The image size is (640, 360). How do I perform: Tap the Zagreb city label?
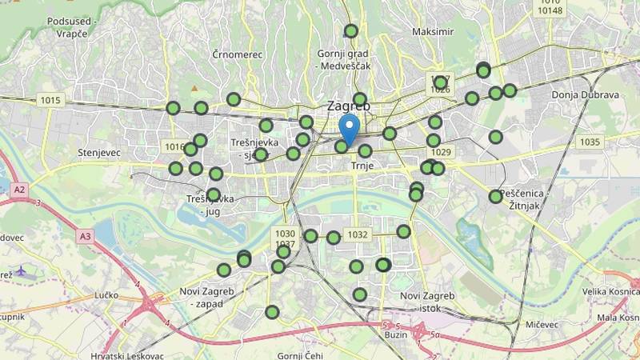click(x=349, y=106)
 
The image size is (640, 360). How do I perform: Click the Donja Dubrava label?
click(x=586, y=94)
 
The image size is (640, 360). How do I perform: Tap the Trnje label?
click(x=362, y=166)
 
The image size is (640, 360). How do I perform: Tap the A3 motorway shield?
click(x=86, y=236)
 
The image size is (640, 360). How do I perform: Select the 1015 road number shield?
click(x=50, y=100)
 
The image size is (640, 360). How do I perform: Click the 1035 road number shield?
click(x=590, y=142)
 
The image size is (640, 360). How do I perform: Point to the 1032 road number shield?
click(x=357, y=234)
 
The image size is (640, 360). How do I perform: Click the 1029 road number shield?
click(x=441, y=152)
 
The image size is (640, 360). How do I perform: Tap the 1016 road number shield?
click(x=173, y=146)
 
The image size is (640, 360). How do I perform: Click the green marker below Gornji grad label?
click(x=350, y=31)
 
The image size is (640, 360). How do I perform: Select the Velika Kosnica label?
click(x=610, y=291)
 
